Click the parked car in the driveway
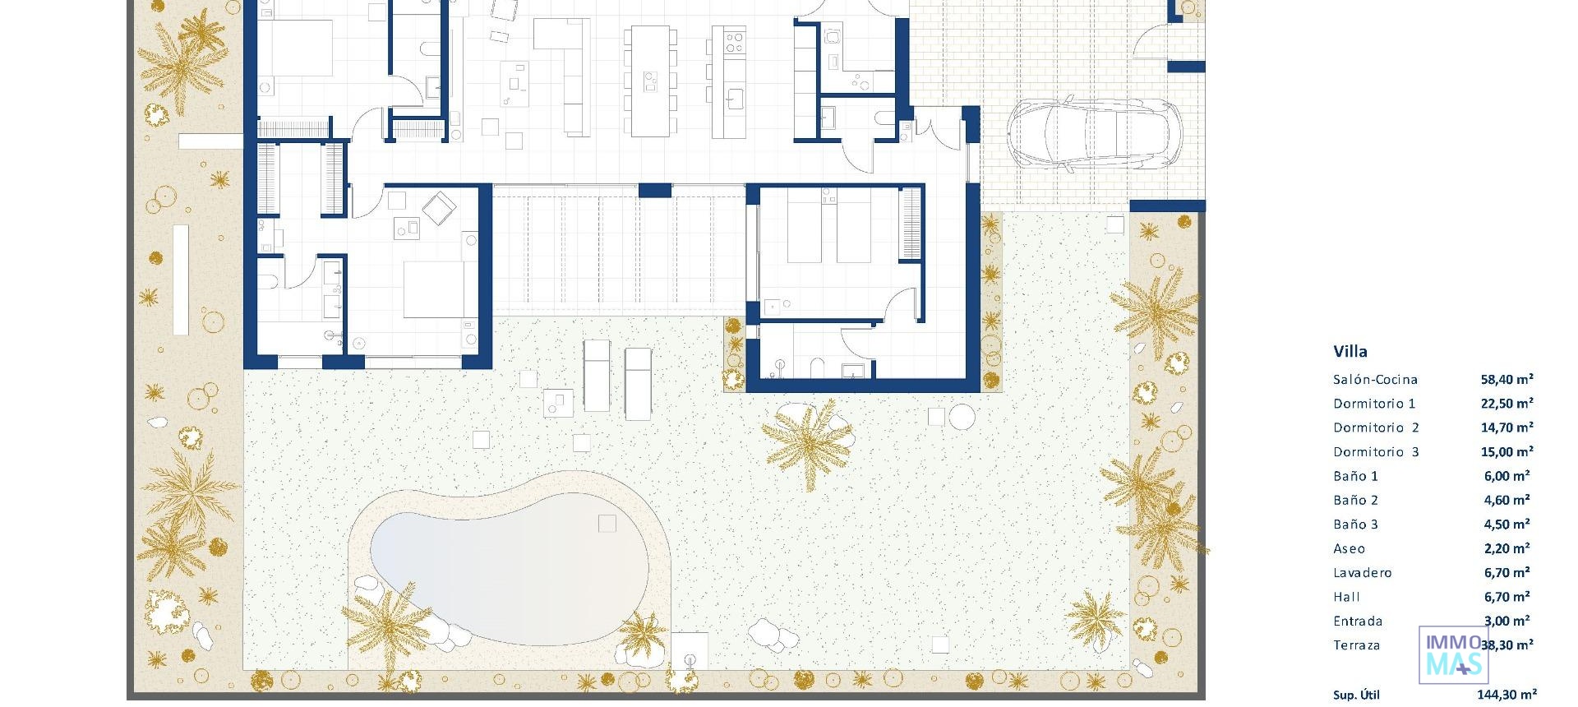pos(1094,135)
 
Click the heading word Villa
pos(1350,352)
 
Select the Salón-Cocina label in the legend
pos(1375,380)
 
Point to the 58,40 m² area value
pos(1506,380)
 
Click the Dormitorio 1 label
pos(1374,404)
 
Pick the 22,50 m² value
pos(1506,404)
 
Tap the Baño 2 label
pos(1355,501)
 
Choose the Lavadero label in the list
pos(1362,573)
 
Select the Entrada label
pos(1358,622)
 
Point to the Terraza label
pos(1356,645)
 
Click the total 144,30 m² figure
pos(1506,695)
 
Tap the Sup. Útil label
pos(1356,695)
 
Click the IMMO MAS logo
pos(1453,655)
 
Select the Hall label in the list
pos(1346,598)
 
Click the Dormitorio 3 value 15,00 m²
pos(1506,452)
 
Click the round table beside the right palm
pos(962,417)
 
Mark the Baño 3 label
pos(1355,524)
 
